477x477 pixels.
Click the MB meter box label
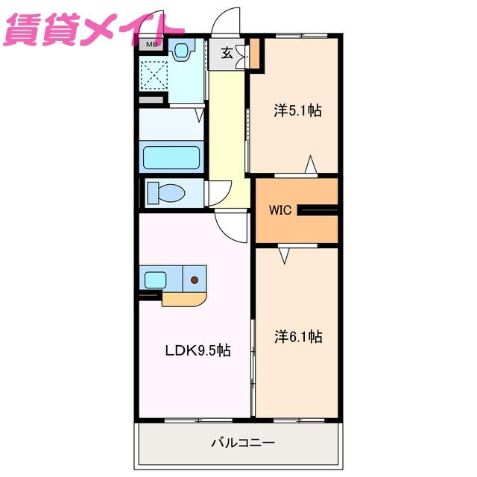pos(151,45)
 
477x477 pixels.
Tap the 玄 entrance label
pos(227,53)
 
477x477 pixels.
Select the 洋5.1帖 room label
pos(297,110)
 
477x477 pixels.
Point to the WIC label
pos(280,210)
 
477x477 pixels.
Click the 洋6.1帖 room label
pos(298,336)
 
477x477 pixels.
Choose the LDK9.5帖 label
pos(198,350)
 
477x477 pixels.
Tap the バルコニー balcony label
pos(243,442)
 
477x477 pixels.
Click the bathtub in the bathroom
pos(171,157)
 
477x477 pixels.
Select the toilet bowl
pos(167,193)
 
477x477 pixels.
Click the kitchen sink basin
pos(155,280)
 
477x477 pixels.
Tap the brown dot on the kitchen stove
pos(195,280)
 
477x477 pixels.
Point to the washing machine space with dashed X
pos(154,75)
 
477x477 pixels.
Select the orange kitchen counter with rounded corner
pos(184,300)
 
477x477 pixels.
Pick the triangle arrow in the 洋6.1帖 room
pos(284,256)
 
